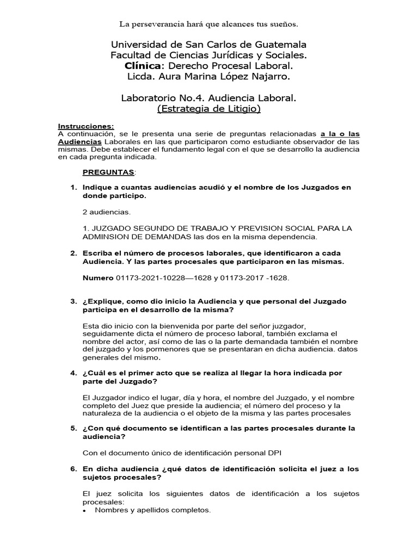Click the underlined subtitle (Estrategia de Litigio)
(x=209, y=109)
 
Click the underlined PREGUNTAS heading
(x=108, y=172)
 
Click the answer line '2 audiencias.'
(x=107, y=212)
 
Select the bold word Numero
(x=98, y=278)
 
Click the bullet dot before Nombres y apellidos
(x=85, y=511)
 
